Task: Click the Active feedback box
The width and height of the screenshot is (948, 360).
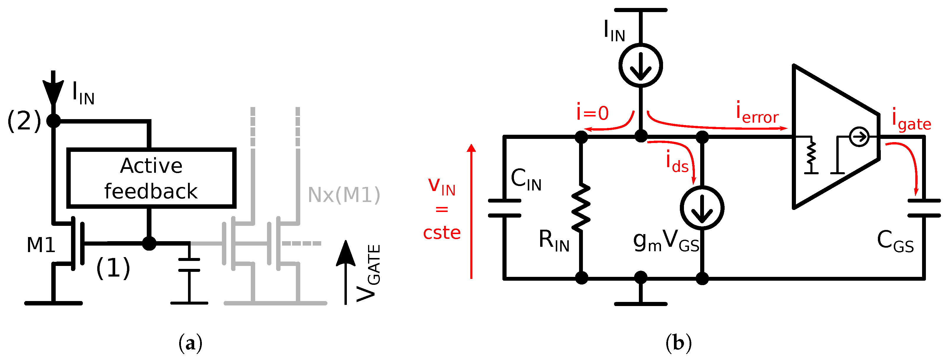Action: (x=151, y=178)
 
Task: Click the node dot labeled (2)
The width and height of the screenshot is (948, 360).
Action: (x=54, y=120)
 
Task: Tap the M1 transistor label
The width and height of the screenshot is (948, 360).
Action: (x=41, y=245)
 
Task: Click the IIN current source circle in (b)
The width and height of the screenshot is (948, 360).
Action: (x=641, y=65)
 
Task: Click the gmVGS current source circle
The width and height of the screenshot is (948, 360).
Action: (x=702, y=208)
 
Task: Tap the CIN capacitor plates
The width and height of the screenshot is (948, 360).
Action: (x=504, y=208)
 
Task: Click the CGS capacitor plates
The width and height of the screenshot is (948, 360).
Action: (x=924, y=208)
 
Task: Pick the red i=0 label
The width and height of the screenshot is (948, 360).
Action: (x=593, y=113)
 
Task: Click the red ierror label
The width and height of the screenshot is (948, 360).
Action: (x=757, y=114)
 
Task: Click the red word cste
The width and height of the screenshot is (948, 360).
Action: (x=442, y=233)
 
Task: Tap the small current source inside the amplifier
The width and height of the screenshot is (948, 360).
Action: (x=859, y=137)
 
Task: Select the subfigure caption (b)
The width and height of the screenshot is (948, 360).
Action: (x=679, y=343)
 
